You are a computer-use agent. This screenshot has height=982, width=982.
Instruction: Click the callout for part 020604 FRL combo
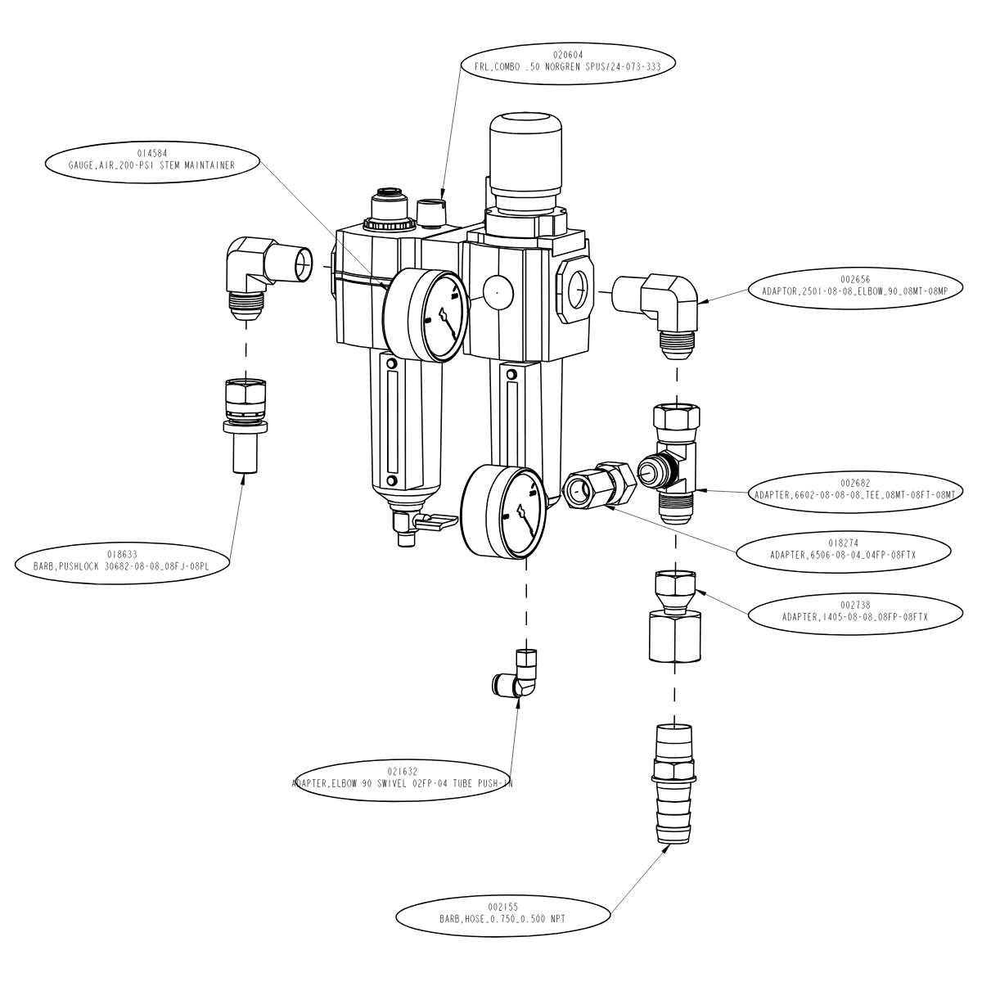tap(567, 61)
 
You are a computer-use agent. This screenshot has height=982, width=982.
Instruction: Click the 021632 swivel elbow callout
tap(403, 777)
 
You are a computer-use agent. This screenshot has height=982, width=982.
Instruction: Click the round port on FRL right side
tap(576, 286)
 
